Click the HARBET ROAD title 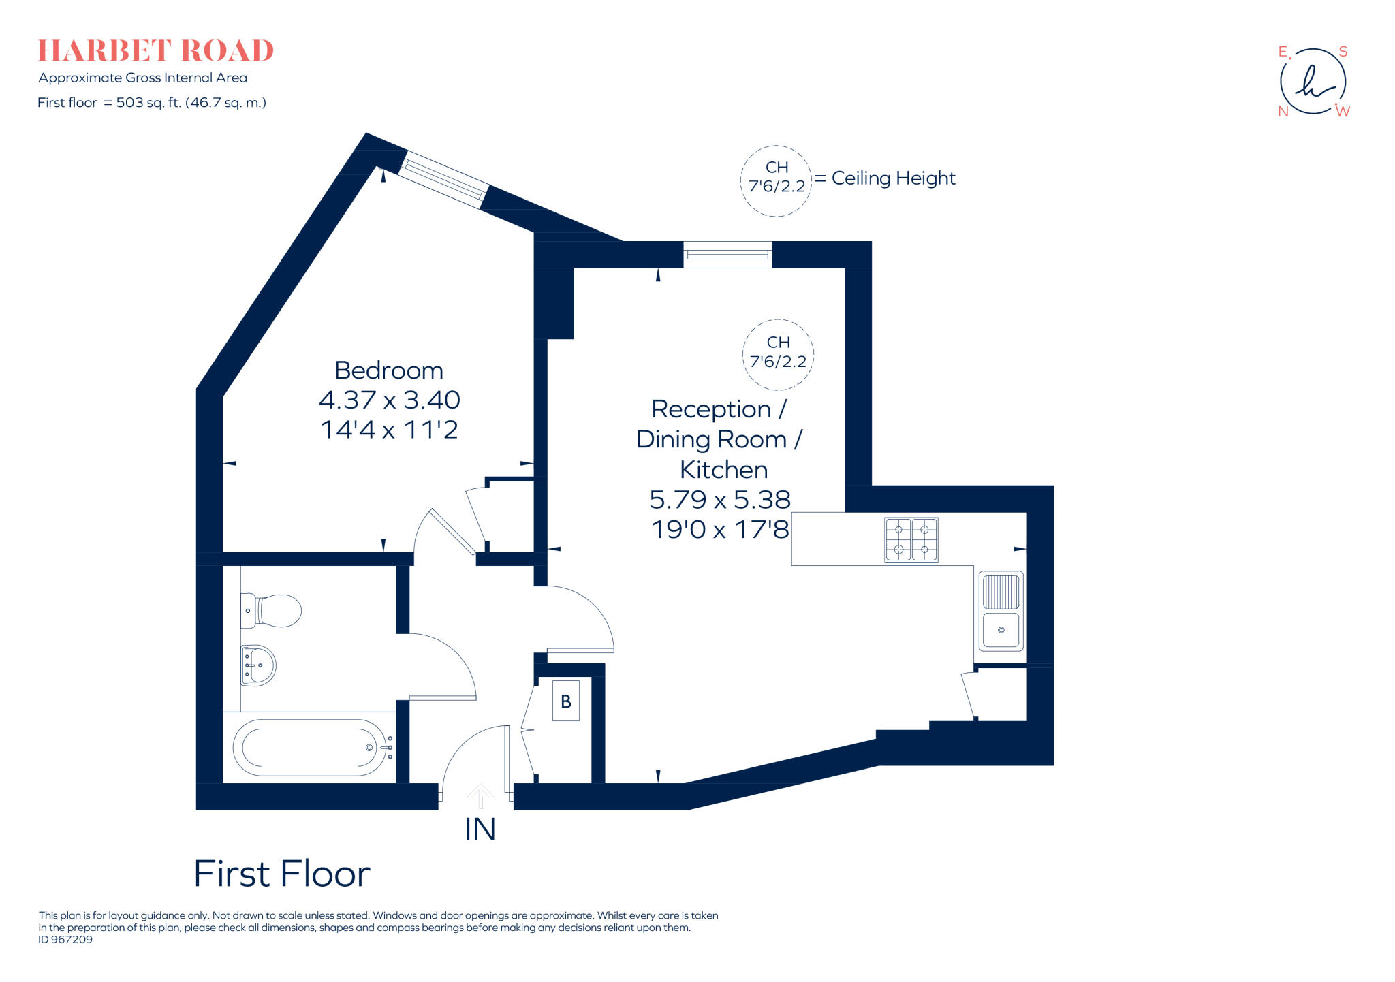tap(155, 51)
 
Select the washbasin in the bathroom tap(258, 665)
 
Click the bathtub tap(310, 748)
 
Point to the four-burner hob tap(911, 539)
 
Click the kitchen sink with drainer tap(1001, 611)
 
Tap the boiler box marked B tap(565, 701)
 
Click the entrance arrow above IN tap(480, 795)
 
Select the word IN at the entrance tap(480, 829)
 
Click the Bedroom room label tap(389, 370)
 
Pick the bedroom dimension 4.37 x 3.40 tap(389, 400)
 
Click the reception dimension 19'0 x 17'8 tap(720, 529)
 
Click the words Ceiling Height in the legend tap(893, 178)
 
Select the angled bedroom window tap(443, 180)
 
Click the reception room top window tap(727, 255)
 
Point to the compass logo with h tap(1313, 82)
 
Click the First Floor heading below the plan tap(282, 874)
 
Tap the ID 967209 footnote tap(65, 940)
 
